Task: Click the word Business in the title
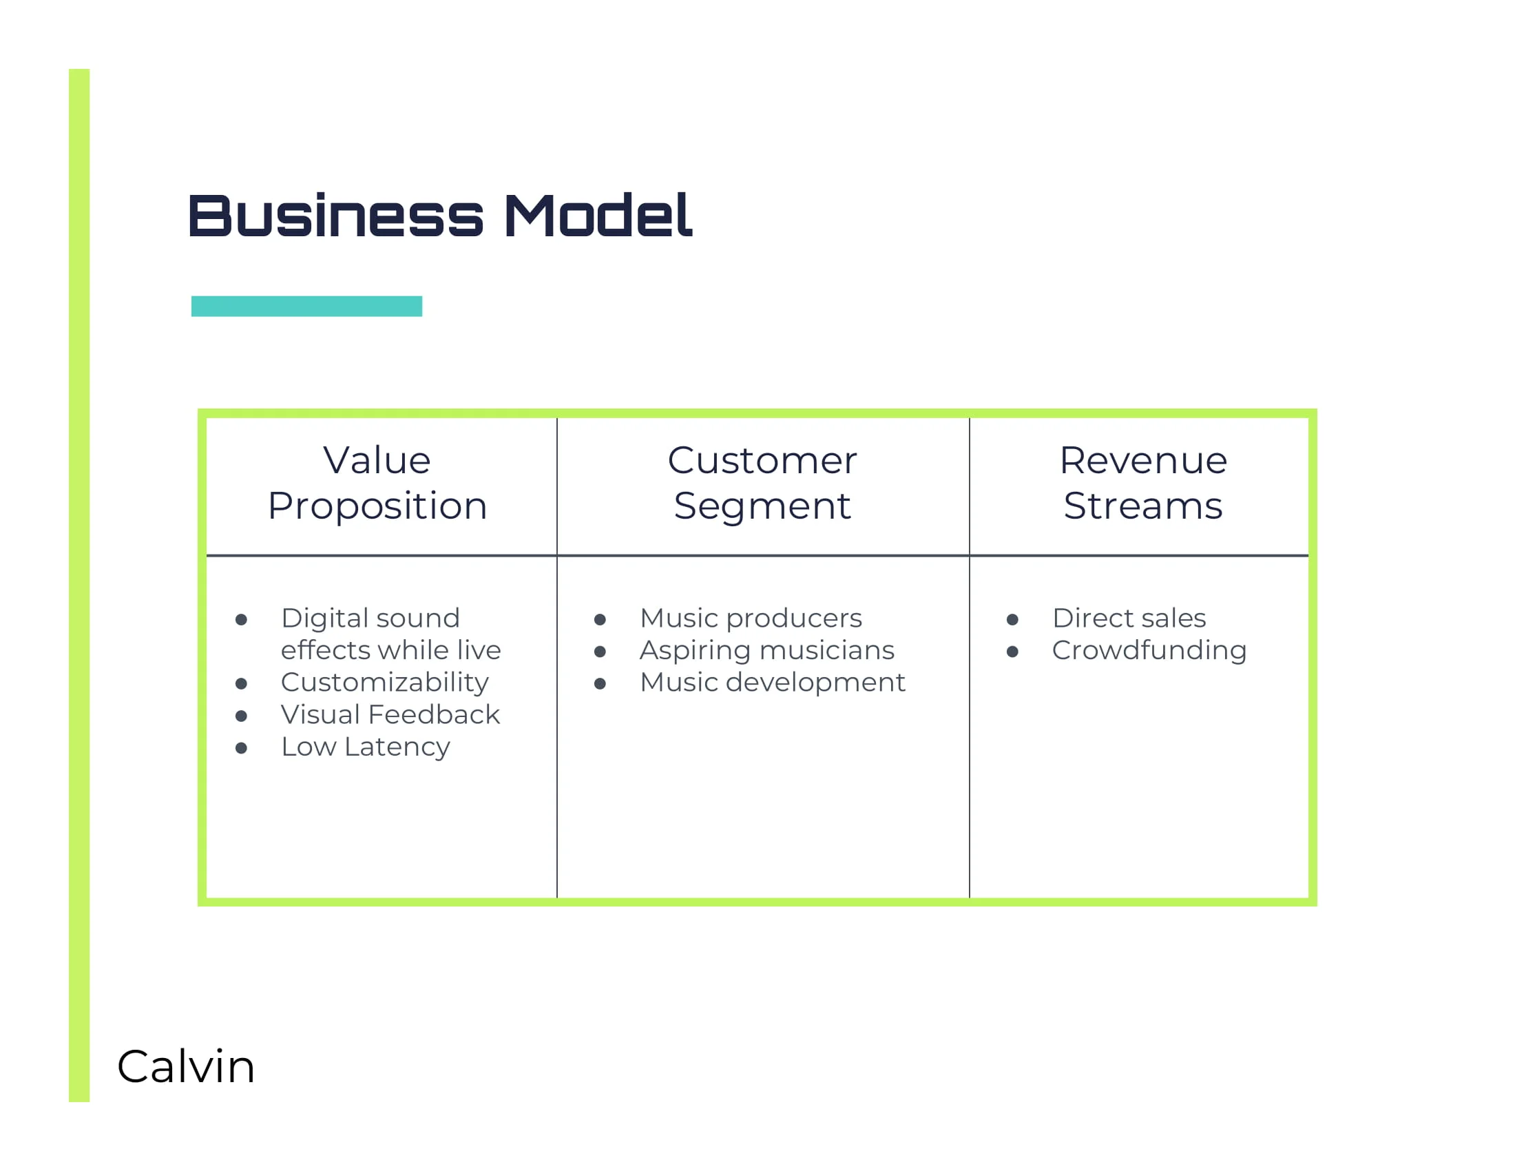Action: (x=335, y=216)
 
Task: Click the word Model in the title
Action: (x=598, y=216)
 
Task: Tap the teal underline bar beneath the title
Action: (x=306, y=306)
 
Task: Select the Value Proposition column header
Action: (x=377, y=483)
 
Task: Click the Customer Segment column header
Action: (x=762, y=483)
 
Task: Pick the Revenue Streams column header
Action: (x=1143, y=483)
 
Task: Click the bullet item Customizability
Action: (x=384, y=683)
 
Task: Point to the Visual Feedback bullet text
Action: (x=390, y=714)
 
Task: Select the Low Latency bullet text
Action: (x=366, y=747)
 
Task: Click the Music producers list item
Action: (x=751, y=618)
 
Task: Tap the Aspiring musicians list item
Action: (x=766, y=651)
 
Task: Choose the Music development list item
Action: (x=772, y=683)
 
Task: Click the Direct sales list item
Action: (x=1129, y=618)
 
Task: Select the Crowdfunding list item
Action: (x=1149, y=651)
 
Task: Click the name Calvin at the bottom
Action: (x=186, y=1066)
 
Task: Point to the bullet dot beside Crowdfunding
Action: (x=1012, y=652)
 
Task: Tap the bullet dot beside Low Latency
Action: (x=242, y=748)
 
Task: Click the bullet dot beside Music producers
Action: (x=600, y=619)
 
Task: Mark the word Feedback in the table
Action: (x=434, y=714)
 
